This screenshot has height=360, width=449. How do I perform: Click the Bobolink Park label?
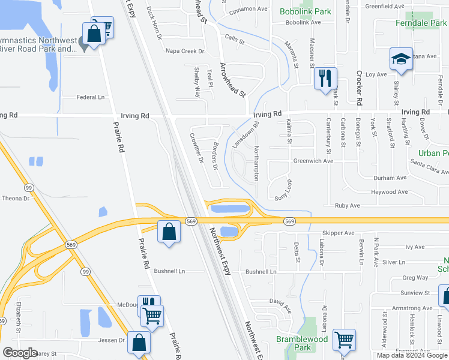(305, 11)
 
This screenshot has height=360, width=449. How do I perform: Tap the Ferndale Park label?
(422, 23)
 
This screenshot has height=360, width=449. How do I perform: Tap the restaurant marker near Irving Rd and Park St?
(325, 78)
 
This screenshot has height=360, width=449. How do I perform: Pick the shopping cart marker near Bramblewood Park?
(344, 340)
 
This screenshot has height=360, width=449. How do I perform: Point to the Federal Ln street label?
(91, 97)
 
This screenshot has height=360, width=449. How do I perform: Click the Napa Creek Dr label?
(185, 52)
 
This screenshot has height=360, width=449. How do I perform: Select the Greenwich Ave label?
(313, 161)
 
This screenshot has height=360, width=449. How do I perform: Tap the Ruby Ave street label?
(348, 205)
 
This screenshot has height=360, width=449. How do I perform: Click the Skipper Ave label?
(339, 233)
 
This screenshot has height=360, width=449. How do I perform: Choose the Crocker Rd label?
(358, 89)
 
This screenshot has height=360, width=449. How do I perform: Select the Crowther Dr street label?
(196, 147)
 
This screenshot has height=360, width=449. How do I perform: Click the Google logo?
(20, 353)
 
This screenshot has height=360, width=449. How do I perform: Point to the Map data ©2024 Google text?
(412, 355)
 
